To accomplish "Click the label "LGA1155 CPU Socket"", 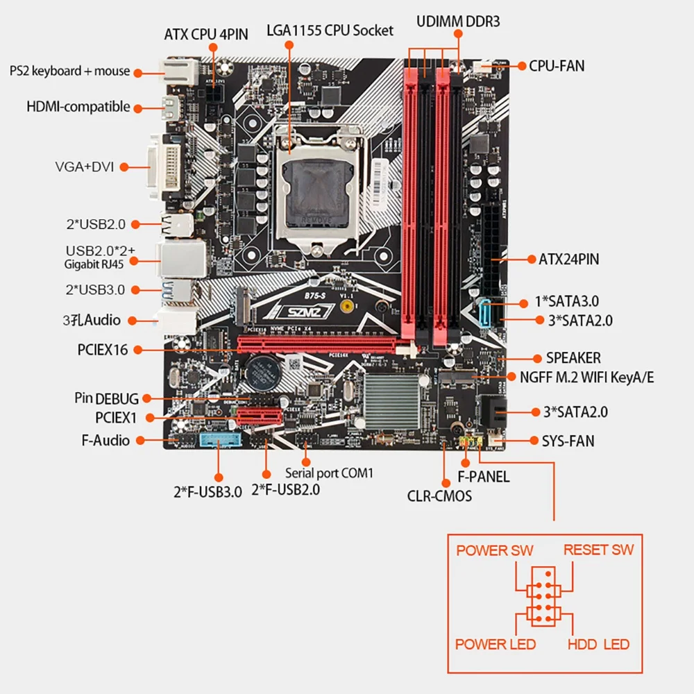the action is (330, 31).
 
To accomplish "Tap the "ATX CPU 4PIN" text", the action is (206, 33).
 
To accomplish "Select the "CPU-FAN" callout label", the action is (557, 66).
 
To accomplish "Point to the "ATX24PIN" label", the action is (568, 260).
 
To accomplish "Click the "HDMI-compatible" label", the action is (78, 107).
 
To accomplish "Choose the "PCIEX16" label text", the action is (103, 350).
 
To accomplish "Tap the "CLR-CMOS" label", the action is (439, 496).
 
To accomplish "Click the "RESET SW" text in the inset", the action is (598, 550).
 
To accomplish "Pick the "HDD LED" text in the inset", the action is (598, 644).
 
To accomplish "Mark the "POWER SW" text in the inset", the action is (494, 550).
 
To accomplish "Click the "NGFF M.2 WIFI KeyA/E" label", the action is (586, 378).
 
